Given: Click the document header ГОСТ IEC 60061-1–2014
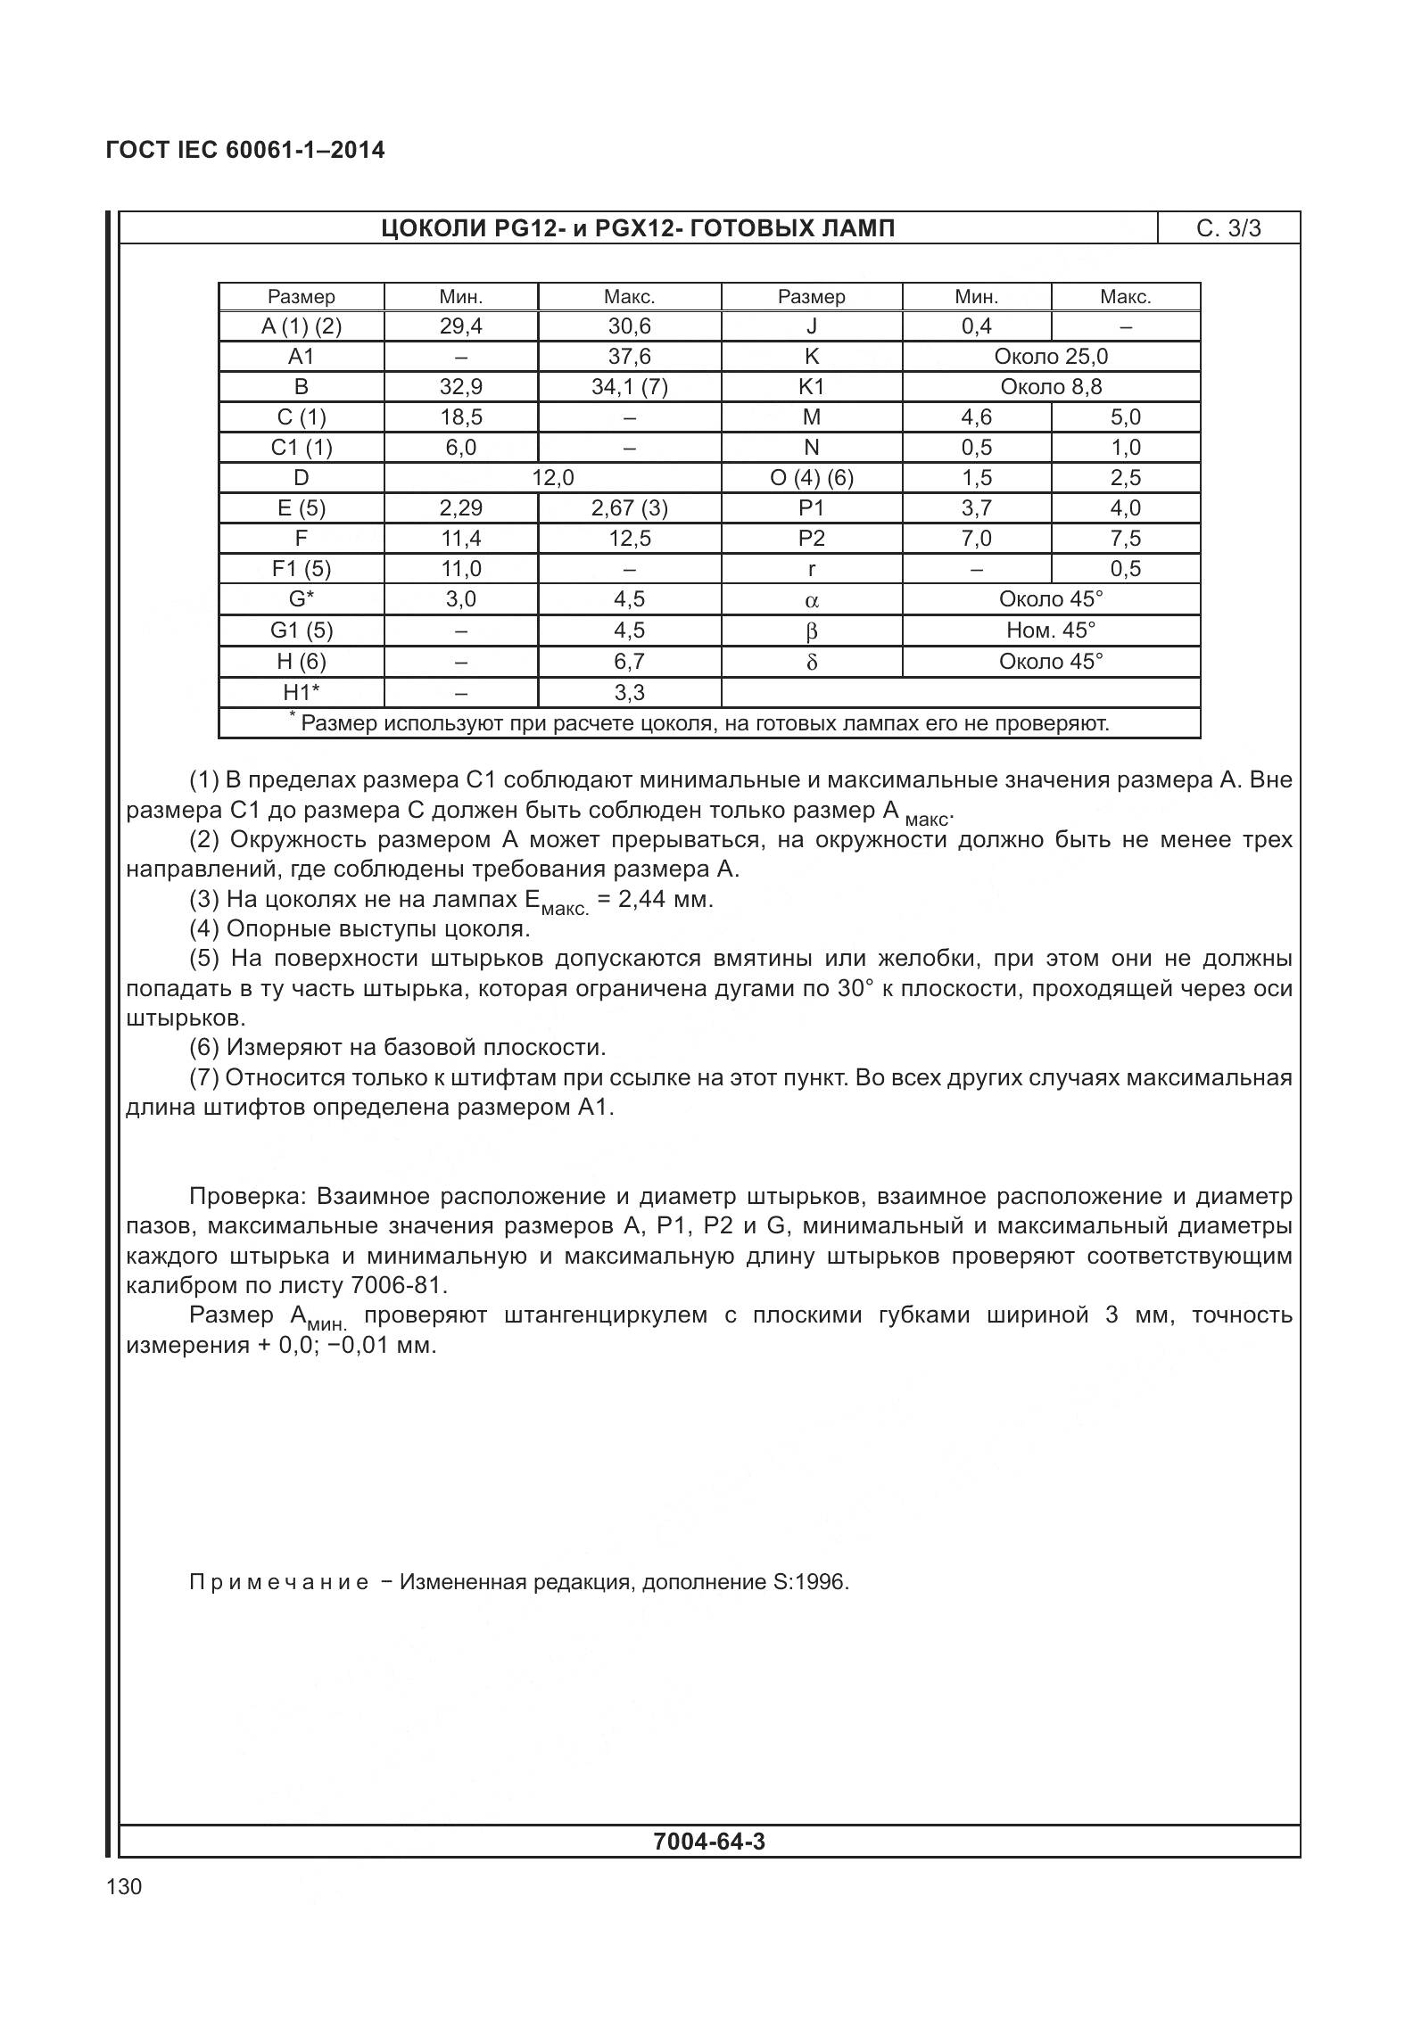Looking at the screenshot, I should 245,150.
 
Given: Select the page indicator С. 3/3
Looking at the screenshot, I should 1228,229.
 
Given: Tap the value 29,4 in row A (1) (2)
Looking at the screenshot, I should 460,326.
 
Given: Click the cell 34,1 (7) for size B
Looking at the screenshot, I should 629,387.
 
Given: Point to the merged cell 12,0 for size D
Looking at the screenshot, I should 552,478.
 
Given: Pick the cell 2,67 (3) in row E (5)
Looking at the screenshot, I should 629,508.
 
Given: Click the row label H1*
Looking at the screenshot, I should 301,693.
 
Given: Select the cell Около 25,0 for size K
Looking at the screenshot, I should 1050,357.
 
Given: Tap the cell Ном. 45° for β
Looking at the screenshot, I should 1050,631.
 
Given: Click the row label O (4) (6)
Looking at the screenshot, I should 811,478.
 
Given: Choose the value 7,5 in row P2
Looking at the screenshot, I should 1125,539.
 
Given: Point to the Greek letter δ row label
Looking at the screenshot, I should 811,663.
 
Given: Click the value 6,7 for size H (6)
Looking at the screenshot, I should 629,662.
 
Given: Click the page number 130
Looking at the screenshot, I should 123,1887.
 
